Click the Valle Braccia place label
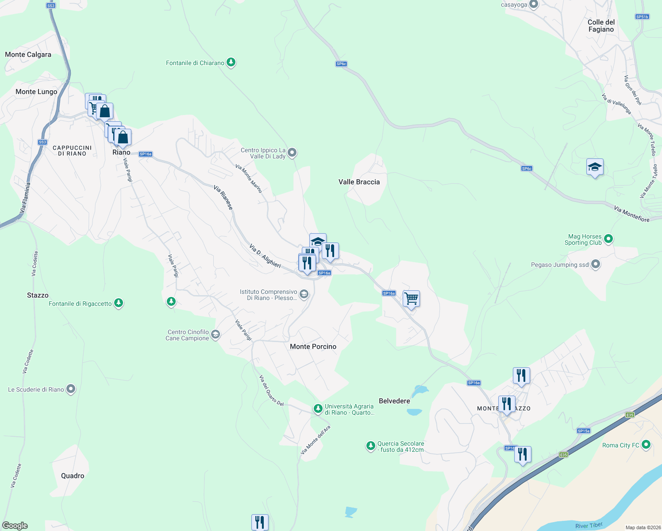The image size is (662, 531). tap(359, 182)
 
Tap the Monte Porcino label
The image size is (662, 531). tap(313, 346)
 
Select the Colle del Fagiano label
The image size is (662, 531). tap(601, 26)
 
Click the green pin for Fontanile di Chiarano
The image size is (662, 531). tap(231, 62)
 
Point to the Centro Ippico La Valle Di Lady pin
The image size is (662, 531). tap(292, 153)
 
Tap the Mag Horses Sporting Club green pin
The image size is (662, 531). tap(608, 239)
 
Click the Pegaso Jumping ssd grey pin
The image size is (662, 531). tap(596, 265)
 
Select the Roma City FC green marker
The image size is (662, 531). tap(646, 444)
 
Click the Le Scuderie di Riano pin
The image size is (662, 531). tap(71, 389)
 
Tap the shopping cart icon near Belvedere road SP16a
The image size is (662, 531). tap(411, 299)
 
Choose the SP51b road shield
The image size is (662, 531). tap(642, 17)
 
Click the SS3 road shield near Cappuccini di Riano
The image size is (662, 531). tap(42, 142)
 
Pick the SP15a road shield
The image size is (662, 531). tap(583, 431)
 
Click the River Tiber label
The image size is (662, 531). tap(589, 526)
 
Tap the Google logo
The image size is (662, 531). tap(15, 526)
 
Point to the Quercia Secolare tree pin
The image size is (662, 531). tap(371, 446)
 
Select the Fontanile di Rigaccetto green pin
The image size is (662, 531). tap(118, 303)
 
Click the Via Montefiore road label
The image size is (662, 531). tap(631, 214)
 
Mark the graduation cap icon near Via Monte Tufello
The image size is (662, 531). tap(595, 167)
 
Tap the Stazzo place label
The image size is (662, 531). tap(38, 295)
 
